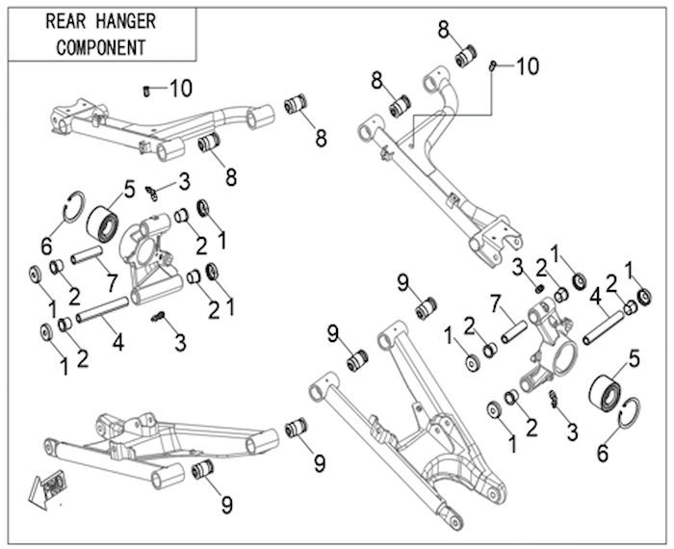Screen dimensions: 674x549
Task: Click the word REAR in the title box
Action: point(66,21)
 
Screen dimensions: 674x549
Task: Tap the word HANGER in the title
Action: point(126,21)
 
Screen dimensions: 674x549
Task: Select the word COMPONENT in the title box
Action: point(101,47)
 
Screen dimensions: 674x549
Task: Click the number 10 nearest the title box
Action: point(181,89)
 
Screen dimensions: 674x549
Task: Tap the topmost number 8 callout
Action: point(444,30)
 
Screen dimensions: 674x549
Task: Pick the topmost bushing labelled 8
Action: point(467,56)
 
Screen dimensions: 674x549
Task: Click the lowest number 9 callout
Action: point(226,504)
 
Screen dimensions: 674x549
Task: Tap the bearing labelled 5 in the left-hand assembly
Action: point(103,223)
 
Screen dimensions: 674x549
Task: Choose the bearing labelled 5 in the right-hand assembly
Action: point(606,391)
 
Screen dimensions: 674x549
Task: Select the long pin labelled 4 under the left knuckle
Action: point(102,309)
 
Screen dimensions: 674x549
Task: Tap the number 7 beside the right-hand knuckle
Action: point(496,304)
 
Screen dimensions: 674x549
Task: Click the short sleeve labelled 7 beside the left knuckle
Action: point(87,254)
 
